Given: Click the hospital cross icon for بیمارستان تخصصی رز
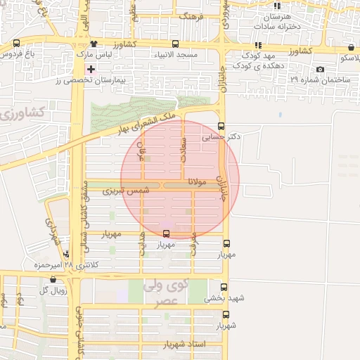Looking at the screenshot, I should coord(91,70).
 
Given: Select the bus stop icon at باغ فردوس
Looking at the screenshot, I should coord(17,44).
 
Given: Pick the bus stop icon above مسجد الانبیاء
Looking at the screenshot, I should coord(175,44).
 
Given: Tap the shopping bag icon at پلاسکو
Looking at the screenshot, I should coord(351,48).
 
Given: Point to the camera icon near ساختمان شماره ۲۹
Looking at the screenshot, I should coord(321,69).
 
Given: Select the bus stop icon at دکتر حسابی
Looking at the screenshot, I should coord(221,127).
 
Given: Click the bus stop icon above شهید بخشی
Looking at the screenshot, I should coord(224,287).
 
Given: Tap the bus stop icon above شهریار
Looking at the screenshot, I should coord(226,315).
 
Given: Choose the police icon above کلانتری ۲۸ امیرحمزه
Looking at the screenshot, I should coord(66,254).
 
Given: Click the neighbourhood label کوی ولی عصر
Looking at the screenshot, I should coord(167,290).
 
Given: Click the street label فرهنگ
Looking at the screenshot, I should coord(191,15).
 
